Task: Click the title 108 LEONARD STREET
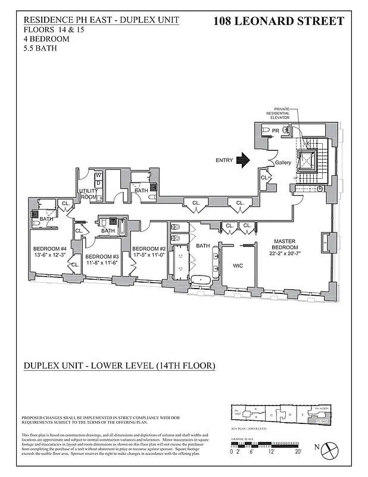[278, 22]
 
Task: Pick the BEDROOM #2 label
[148, 249]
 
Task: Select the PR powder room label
[276, 130]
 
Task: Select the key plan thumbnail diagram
[280, 414]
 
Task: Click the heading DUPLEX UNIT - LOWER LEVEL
[119, 365]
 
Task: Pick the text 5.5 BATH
[40, 48]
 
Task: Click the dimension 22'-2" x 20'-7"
[284, 253]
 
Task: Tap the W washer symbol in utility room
[98, 176]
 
